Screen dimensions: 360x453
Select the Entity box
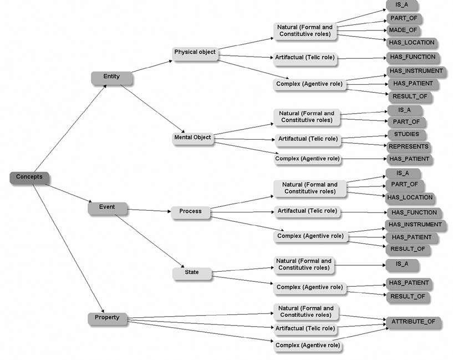[x=112, y=77]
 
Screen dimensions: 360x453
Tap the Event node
[x=108, y=207]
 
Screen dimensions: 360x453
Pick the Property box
[x=108, y=318]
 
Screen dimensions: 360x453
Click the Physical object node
[x=195, y=53]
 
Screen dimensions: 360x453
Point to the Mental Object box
[x=192, y=138]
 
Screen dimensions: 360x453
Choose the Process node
[x=191, y=211]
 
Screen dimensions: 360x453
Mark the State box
[x=191, y=272]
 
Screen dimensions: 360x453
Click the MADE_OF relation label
[x=404, y=30]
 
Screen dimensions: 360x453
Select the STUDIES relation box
[x=406, y=134]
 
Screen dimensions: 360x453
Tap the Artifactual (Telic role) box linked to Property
[x=305, y=328]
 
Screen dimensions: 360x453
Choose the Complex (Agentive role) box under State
[x=309, y=287]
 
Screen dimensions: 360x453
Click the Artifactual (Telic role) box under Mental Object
[x=307, y=138]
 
